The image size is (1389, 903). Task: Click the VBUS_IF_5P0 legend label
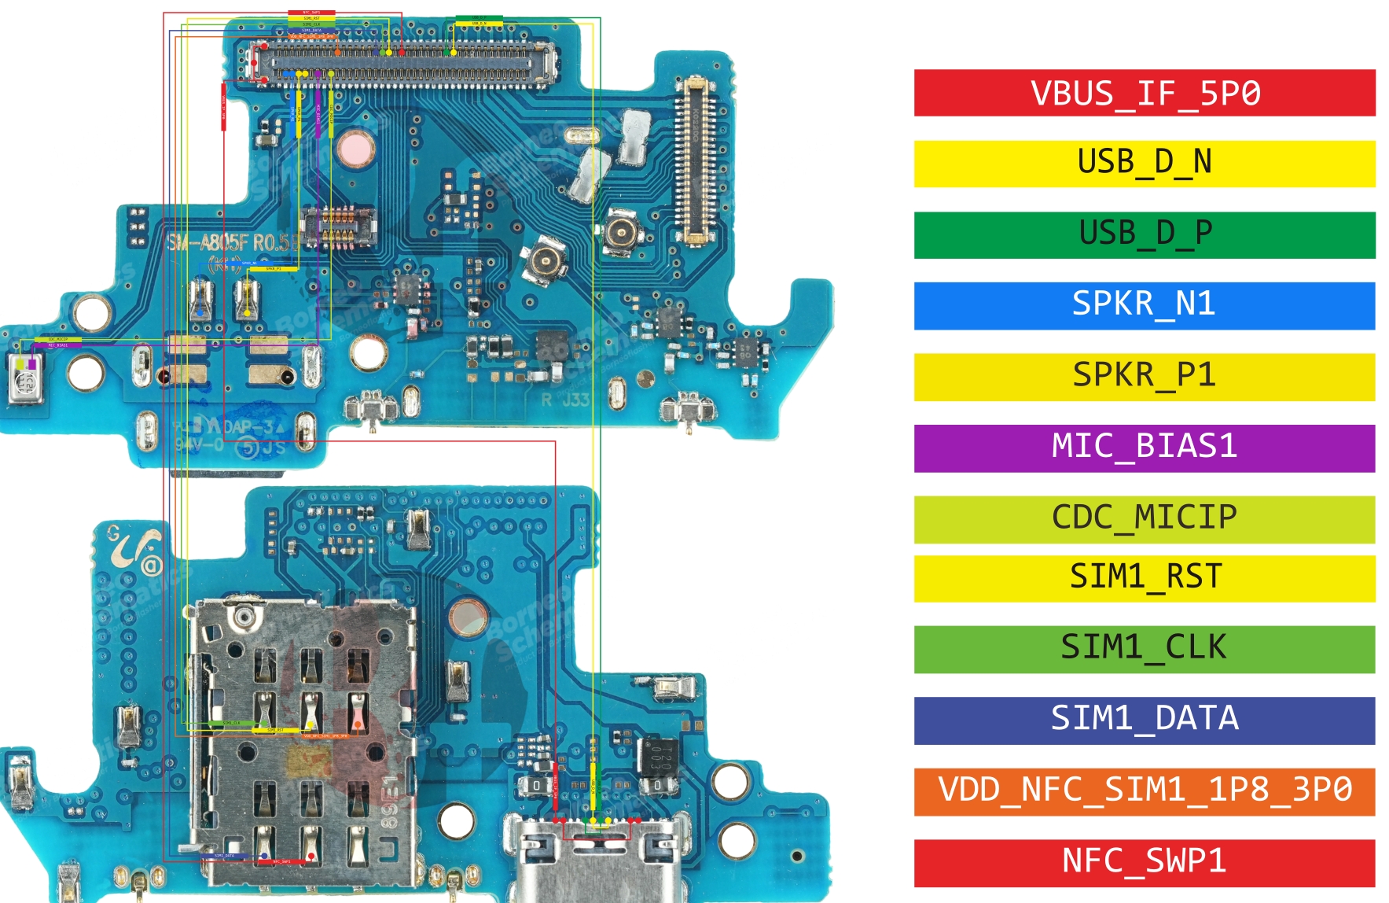[x=1144, y=93]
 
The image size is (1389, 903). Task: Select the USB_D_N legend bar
[x=1144, y=164]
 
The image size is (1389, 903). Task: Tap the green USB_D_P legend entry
[x=1144, y=234]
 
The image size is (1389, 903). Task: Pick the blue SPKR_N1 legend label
[x=1144, y=305]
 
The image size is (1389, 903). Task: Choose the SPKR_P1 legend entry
[x=1144, y=377]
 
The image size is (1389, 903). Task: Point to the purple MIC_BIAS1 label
[x=1144, y=448]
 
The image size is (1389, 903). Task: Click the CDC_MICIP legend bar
[x=1144, y=518]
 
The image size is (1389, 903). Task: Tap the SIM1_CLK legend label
[x=1144, y=649]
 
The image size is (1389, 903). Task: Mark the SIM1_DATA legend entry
[x=1144, y=720]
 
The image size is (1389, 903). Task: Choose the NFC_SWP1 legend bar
[x=1144, y=862]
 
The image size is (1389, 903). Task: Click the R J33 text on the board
[x=565, y=400]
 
